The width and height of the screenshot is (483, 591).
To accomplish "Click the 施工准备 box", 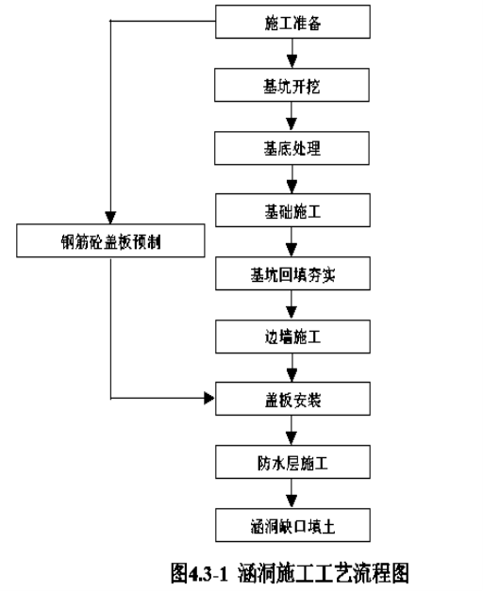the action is tap(292, 22).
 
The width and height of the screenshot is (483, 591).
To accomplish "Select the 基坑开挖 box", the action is tap(291, 85).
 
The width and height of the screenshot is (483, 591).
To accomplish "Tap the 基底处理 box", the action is tap(291, 148).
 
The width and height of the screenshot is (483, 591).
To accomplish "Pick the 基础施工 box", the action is tap(292, 210).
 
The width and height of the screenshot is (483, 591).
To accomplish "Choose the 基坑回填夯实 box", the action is tap(292, 273).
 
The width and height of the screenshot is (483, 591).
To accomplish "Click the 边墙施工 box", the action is tap(292, 337).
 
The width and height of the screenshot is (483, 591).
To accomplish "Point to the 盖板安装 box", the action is tap(292, 399).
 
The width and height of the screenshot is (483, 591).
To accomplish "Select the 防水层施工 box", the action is tap(292, 462).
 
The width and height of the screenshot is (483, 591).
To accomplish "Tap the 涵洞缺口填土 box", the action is tap(292, 525).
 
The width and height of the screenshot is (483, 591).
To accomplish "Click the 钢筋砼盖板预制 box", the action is tap(110, 240).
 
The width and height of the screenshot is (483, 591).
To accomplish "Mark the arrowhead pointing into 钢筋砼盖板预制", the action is tap(110, 218).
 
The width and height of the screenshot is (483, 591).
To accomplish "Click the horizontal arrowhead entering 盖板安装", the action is tap(209, 398).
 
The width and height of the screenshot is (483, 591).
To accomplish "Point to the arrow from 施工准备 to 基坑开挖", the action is tap(291, 53).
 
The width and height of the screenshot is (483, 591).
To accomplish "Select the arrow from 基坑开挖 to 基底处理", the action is tap(291, 117).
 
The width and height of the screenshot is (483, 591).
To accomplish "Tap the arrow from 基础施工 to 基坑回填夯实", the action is tap(291, 241).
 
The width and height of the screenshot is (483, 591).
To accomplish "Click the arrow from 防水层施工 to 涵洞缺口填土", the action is tap(291, 493).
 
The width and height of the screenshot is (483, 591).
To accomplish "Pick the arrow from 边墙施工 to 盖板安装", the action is tap(291, 368).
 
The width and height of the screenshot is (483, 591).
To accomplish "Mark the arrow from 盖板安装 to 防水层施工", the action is tap(291, 431).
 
